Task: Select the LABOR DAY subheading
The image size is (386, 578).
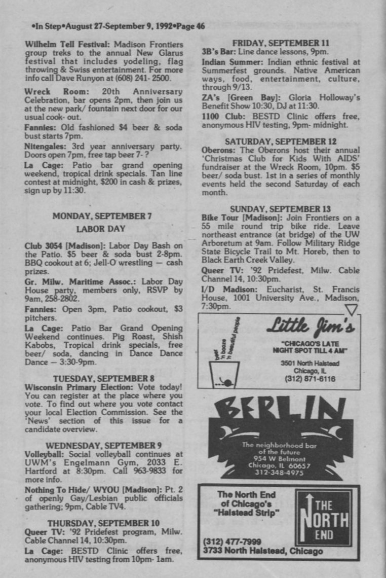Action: (x=101, y=229)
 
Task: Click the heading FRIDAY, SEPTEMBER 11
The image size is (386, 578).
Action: (x=280, y=43)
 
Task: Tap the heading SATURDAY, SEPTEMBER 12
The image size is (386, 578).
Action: (x=280, y=141)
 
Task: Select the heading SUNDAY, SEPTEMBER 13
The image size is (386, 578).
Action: (x=280, y=209)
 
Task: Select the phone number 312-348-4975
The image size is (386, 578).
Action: (x=280, y=473)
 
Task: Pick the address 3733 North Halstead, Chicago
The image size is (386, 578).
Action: (x=262, y=551)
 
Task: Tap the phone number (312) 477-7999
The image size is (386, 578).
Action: (x=225, y=542)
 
